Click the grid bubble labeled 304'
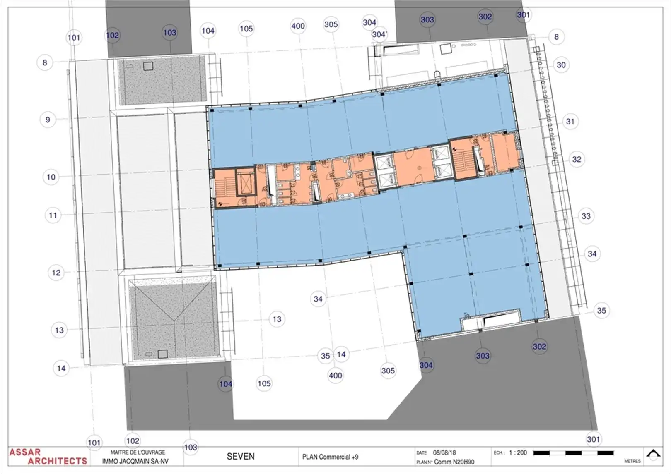click(379, 35)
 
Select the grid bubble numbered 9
click(48, 120)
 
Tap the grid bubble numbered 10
click(51, 177)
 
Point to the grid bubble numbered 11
click(53, 215)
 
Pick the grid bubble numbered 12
click(56, 273)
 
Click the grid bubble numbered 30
click(561, 65)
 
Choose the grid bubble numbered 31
click(570, 122)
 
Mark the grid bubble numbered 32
click(577, 160)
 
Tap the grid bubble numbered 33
click(586, 216)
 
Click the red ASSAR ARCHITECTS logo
click(48, 457)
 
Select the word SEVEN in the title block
click(241, 457)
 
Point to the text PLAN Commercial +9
click(330, 457)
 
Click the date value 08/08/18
click(444, 453)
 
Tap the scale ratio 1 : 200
click(518, 453)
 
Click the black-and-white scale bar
click(573, 453)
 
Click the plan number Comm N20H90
click(454, 462)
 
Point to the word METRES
click(632, 461)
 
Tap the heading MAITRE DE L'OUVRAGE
click(138, 452)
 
